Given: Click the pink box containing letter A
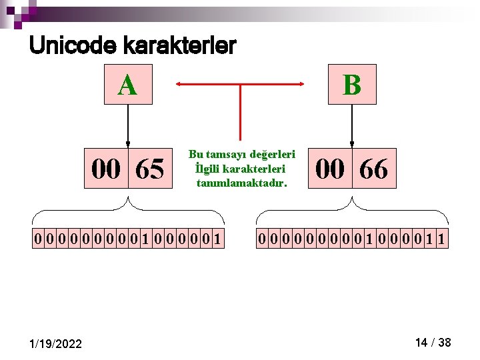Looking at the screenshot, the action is (127, 85).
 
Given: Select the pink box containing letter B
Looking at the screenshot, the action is (352, 85).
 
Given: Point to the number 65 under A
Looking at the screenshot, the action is (149, 169).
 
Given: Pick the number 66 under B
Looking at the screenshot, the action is (373, 169).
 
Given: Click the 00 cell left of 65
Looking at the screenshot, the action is (106, 169).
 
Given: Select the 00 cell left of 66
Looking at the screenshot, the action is (330, 169).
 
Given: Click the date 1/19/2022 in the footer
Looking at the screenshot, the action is (57, 343).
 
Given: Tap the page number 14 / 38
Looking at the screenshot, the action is (433, 343).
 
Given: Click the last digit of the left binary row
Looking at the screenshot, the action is (217, 238).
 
